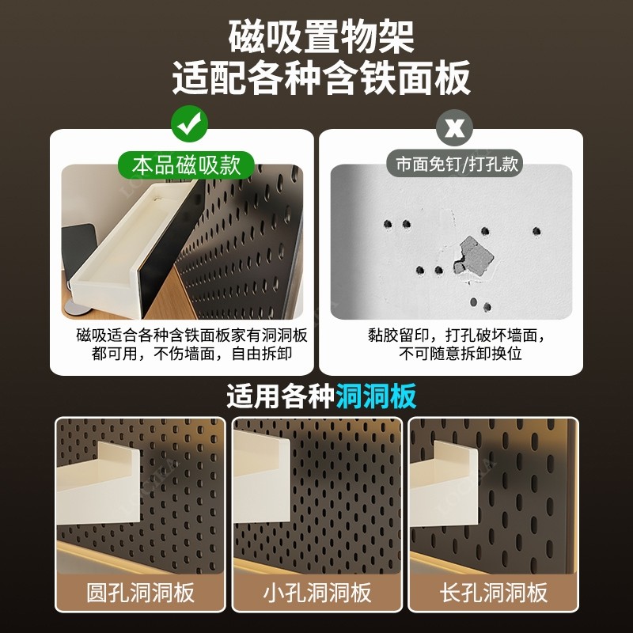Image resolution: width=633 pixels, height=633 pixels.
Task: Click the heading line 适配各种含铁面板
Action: pos(320,78)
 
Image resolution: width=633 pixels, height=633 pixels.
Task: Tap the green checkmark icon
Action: pos(188,125)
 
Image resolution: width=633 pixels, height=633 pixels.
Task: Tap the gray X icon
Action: pos(453,127)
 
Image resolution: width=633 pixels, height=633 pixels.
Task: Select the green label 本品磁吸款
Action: pos(186,165)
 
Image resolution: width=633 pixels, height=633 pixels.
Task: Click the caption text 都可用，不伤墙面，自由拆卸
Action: pos(191,353)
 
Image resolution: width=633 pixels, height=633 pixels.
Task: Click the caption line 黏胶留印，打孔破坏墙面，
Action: pos(457,335)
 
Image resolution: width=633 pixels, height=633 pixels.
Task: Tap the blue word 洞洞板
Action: pos(376,396)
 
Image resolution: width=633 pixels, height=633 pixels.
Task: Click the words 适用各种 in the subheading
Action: pos(281,396)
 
